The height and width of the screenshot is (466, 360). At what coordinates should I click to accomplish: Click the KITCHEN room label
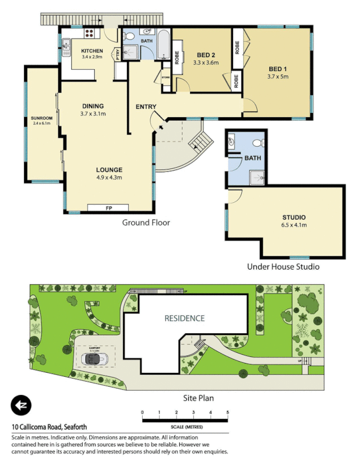[92, 51]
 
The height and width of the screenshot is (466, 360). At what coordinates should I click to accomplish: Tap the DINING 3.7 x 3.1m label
[93, 110]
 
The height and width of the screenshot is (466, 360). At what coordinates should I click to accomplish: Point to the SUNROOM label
[42, 121]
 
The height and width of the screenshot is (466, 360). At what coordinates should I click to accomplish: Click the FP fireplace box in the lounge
[108, 208]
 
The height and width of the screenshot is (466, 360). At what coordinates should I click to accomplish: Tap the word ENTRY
[146, 107]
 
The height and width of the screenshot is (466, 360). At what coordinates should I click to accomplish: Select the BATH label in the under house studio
[252, 158]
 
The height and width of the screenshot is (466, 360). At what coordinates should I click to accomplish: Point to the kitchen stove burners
[91, 33]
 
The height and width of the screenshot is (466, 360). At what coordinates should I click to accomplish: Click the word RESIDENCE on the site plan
[184, 318]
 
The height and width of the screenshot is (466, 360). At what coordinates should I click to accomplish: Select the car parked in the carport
[94, 359]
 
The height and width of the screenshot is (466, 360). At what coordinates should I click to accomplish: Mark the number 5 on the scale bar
[228, 412]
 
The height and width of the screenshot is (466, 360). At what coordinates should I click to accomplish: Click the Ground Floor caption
[146, 223]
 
